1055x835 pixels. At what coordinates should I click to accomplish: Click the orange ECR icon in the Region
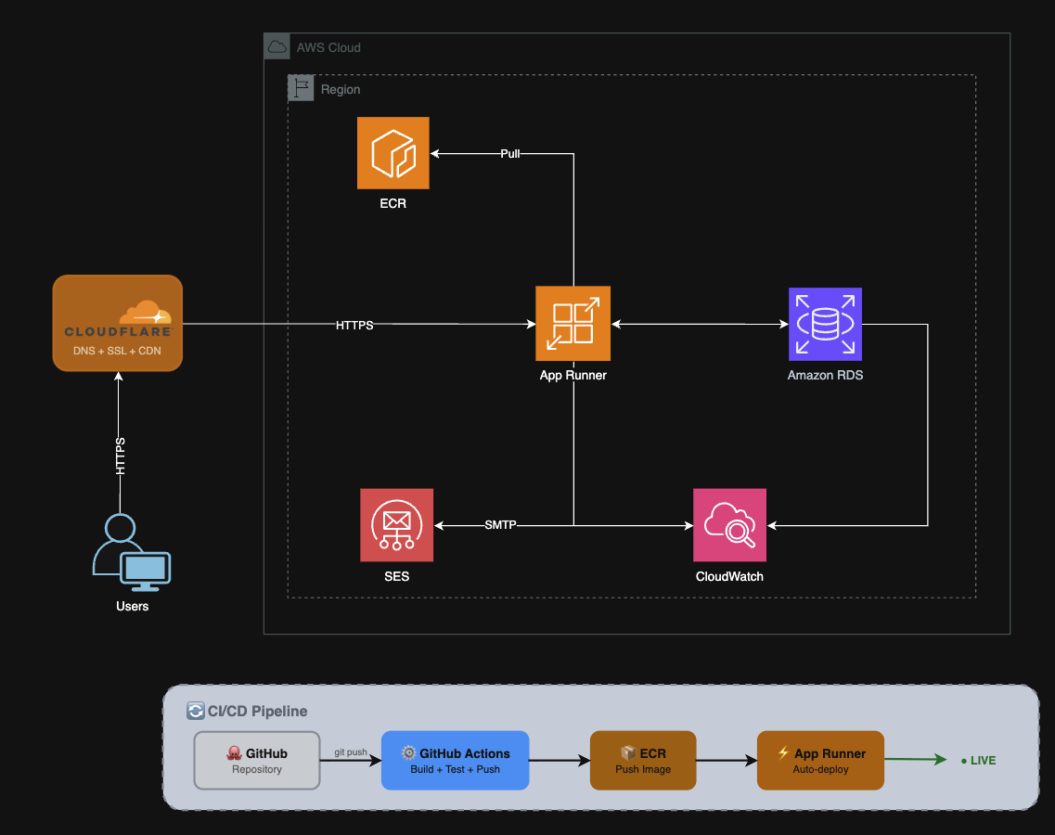(x=392, y=153)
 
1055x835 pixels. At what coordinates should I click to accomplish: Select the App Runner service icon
(x=573, y=323)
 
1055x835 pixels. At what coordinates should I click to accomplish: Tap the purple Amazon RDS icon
(x=825, y=323)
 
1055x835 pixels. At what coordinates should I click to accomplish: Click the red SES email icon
(x=396, y=525)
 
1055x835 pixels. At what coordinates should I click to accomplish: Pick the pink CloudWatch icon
(x=729, y=525)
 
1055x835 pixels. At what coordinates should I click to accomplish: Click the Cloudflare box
(x=118, y=323)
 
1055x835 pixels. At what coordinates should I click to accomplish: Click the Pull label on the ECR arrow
(x=509, y=153)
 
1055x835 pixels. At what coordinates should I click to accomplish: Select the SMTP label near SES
(x=500, y=525)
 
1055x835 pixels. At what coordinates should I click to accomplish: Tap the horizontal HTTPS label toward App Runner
(x=354, y=325)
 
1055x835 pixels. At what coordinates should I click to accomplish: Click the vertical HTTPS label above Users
(x=120, y=456)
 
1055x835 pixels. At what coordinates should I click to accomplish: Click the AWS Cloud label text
(x=328, y=47)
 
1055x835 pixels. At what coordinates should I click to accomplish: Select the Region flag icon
(x=301, y=88)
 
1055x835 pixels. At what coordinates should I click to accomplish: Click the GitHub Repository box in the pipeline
(x=257, y=761)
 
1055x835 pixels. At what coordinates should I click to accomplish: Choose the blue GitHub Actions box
(x=455, y=761)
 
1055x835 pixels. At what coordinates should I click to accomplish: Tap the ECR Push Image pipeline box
(x=643, y=761)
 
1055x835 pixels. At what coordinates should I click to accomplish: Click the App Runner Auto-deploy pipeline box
(x=820, y=761)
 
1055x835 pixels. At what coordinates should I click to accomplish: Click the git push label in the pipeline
(x=350, y=751)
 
